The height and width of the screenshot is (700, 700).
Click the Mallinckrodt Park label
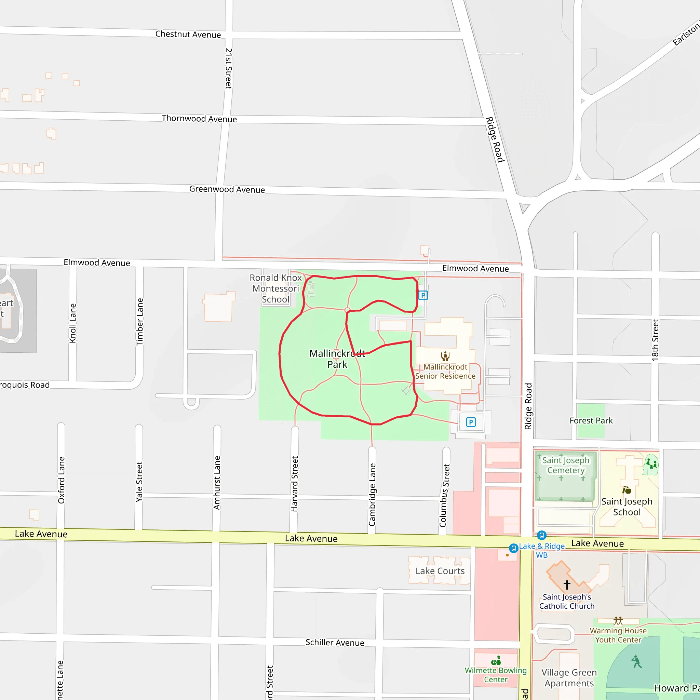pyautogui.click(x=337, y=359)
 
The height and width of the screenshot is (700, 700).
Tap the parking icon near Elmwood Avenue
pyautogui.click(x=423, y=295)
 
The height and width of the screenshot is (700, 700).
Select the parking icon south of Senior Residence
pyautogui.click(x=471, y=422)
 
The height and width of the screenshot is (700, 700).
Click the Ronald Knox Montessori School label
pyautogui.click(x=276, y=288)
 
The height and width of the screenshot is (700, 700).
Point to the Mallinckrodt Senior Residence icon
pyautogui.click(x=445, y=356)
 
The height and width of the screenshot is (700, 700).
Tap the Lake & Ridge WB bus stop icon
pyautogui.click(x=513, y=548)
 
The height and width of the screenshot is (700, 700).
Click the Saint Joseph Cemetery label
pyautogui.click(x=566, y=465)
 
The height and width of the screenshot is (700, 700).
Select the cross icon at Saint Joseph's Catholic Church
pyautogui.click(x=567, y=584)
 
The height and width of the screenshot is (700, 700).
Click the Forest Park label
pyautogui.click(x=591, y=421)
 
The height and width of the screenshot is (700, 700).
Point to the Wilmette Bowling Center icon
pyautogui.click(x=496, y=660)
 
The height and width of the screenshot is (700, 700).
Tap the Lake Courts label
pyautogui.click(x=440, y=571)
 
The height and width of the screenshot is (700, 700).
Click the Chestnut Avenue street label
pyautogui.click(x=188, y=35)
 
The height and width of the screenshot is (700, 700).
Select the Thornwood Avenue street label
pyautogui.click(x=199, y=119)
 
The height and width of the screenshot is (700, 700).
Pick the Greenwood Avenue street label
pyautogui.click(x=227, y=189)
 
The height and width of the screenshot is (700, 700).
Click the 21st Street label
pyautogui.click(x=228, y=68)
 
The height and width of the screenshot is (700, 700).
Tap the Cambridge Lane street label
pyautogui.click(x=372, y=495)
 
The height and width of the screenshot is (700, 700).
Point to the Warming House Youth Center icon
pyautogui.click(x=618, y=621)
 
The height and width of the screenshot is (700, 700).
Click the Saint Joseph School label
pyautogui.click(x=627, y=507)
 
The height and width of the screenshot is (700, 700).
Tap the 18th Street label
pyautogui.click(x=655, y=340)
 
